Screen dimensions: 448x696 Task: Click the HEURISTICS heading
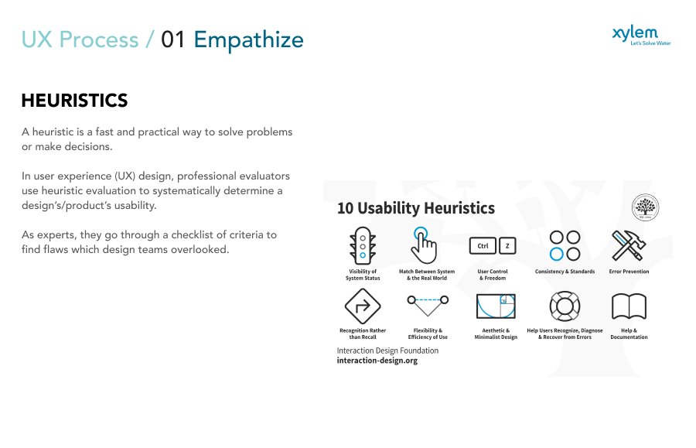point(74,101)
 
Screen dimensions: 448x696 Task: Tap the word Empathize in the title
point(248,39)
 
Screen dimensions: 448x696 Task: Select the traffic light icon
point(362,246)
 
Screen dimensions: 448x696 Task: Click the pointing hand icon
point(423,245)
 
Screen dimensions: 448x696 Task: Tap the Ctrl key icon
point(482,246)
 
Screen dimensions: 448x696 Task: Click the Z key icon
point(507,246)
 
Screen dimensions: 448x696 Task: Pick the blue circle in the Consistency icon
point(556,254)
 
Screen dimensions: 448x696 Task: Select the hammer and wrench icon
point(628,245)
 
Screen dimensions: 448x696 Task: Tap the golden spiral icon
point(496,306)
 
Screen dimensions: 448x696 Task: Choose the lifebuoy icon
point(565,306)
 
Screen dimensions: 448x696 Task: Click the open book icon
point(629,307)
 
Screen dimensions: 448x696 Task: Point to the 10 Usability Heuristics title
point(415,208)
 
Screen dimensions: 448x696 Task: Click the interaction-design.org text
point(377,361)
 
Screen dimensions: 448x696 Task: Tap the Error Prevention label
point(629,272)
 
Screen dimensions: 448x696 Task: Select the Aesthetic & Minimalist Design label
point(496,333)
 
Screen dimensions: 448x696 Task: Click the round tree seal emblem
point(645,207)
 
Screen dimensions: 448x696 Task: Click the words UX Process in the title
point(81,39)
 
